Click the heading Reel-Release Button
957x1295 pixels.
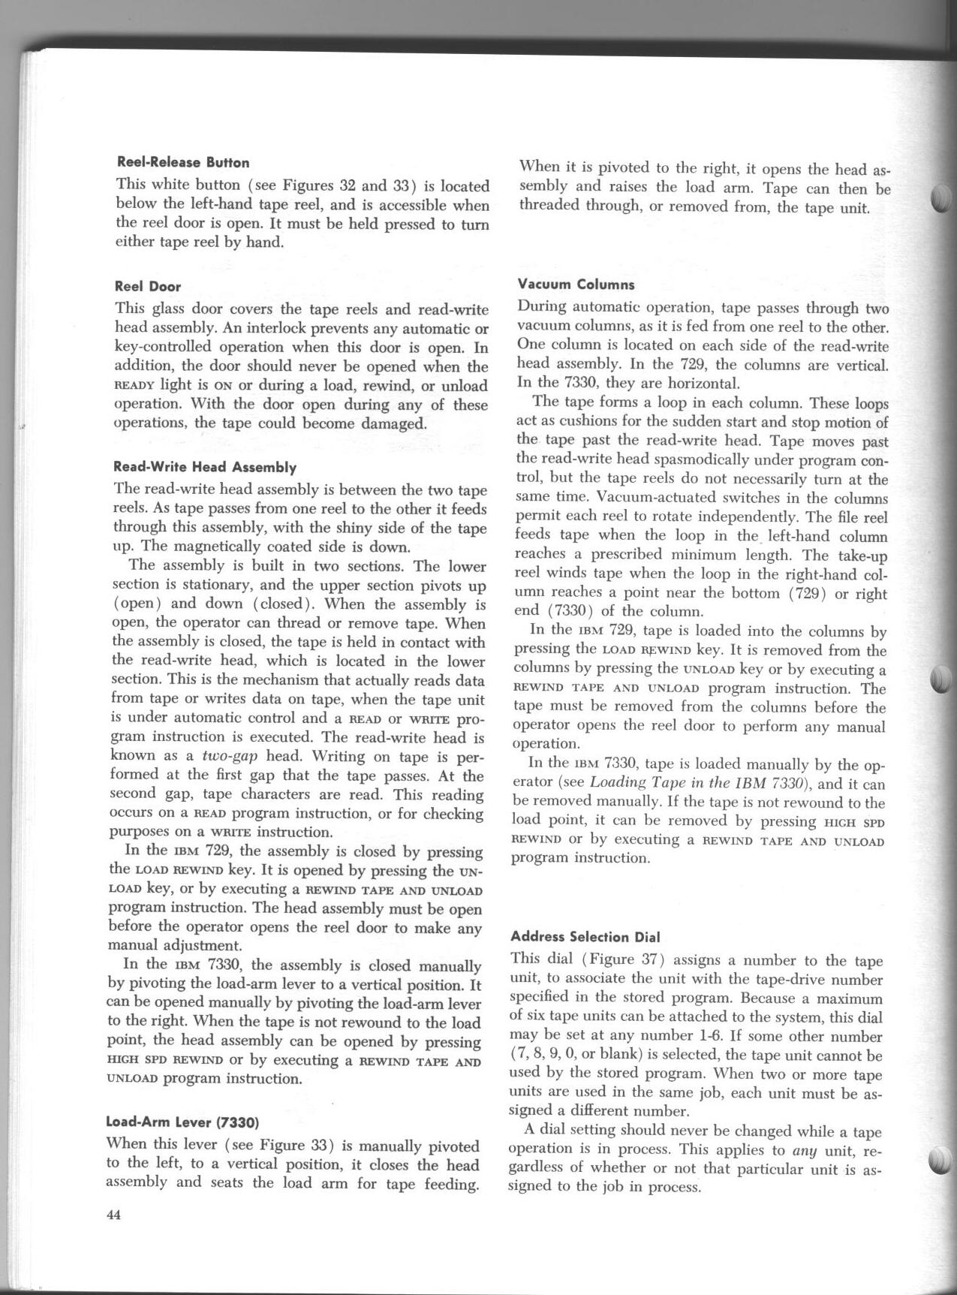183,162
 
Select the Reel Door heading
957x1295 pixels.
148,286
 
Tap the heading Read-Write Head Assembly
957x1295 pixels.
205,467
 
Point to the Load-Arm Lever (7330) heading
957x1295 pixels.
183,1123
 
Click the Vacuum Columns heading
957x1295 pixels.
576,285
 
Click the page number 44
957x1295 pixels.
114,1217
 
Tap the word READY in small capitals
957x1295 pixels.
134,386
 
